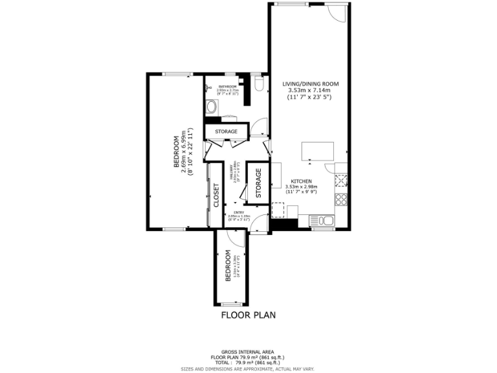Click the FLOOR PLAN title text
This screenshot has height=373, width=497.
(248, 315)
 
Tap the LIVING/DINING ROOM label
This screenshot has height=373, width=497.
(311, 84)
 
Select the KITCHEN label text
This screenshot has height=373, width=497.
(302, 181)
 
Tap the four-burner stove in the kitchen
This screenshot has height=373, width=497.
(340, 198)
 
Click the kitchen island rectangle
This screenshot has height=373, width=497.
(318, 151)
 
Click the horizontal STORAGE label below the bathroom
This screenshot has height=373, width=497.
(226, 131)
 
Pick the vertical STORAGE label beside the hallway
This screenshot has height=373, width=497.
(258, 183)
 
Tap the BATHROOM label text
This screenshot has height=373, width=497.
(227, 86)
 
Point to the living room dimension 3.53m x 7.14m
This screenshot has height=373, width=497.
(311, 91)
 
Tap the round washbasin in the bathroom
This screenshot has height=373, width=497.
(211, 107)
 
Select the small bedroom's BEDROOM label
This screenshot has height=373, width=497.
(228, 267)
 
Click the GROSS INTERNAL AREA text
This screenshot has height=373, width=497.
(248, 352)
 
